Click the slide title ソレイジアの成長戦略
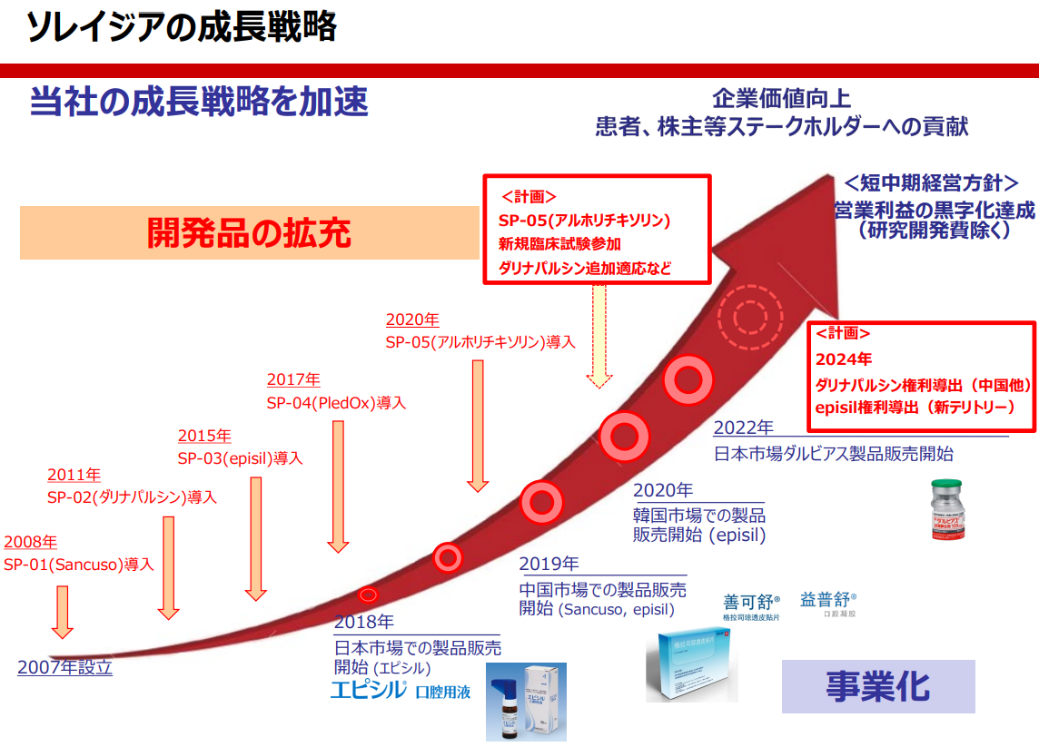[182, 29]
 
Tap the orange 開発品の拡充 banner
[249, 233]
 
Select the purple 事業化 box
[877, 686]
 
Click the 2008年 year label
[30, 542]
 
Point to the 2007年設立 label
[64, 667]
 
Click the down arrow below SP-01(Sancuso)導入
[62, 611]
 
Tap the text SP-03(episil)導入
[240, 458]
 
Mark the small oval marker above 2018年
[368, 595]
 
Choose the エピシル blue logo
[367, 690]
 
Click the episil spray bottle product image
[526, 701]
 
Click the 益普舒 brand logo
[827, 602]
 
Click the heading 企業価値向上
[781, 98]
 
